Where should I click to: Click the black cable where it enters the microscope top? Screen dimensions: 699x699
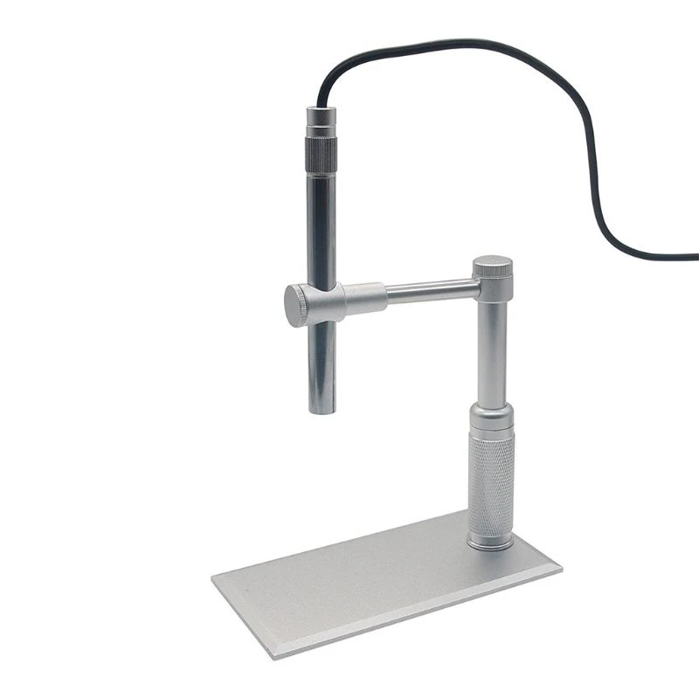point(321,103)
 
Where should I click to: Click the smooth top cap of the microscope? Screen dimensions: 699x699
point(321,118)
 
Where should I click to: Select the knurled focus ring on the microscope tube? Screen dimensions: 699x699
point(321,153)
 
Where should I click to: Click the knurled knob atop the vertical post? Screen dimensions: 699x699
point(493,267)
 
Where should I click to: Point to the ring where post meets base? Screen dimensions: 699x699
point(490,544)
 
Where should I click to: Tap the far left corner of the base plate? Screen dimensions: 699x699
point(215,576)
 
